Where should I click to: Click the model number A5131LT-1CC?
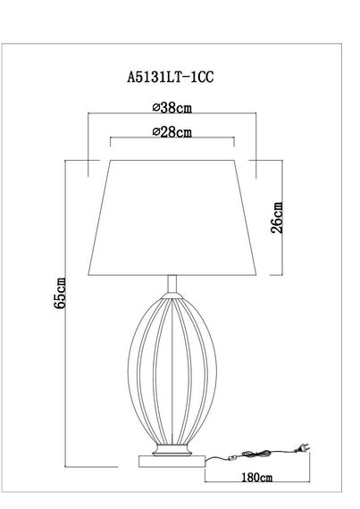(170, 78)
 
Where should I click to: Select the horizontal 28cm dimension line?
(171, 140)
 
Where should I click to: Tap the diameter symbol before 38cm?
(157, 108)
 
